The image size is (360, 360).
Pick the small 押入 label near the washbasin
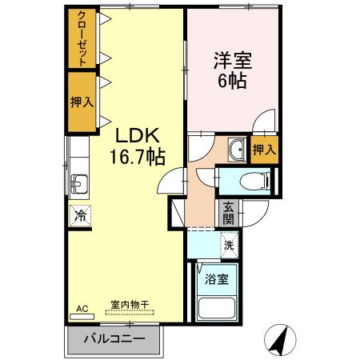pyautogui.click(x=265, y=150)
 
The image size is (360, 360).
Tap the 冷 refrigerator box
pyautogui.click(x=80, y=214)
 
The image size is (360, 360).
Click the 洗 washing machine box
pyautogui.click(x=229, y=246)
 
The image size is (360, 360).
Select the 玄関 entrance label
pyautogui.click(x=229, y=212)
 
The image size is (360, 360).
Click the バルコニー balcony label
pyautogui.click(x=114, y=338)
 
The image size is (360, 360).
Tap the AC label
pyautogui.click(x=81, y=308)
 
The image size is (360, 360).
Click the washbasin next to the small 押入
pyautogui.click(x=238, y=149)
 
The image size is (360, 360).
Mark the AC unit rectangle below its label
pyautogui.click(x=82, y=317)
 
